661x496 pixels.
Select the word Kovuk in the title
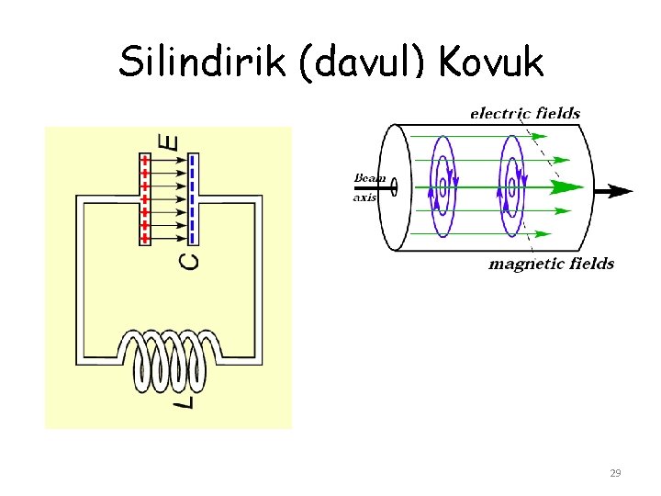click(x=492, y=62)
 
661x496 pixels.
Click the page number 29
click(x=615, y=474)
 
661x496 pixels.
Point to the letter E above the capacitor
click(x=169, y=141)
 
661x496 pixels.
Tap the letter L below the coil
click(x=186, y=400)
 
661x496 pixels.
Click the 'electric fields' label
click(x=524, y=114)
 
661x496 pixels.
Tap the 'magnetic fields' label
click(x=551, y=265)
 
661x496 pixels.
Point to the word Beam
click(x=371, y=177)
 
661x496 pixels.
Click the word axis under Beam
click(x=365, y=197)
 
